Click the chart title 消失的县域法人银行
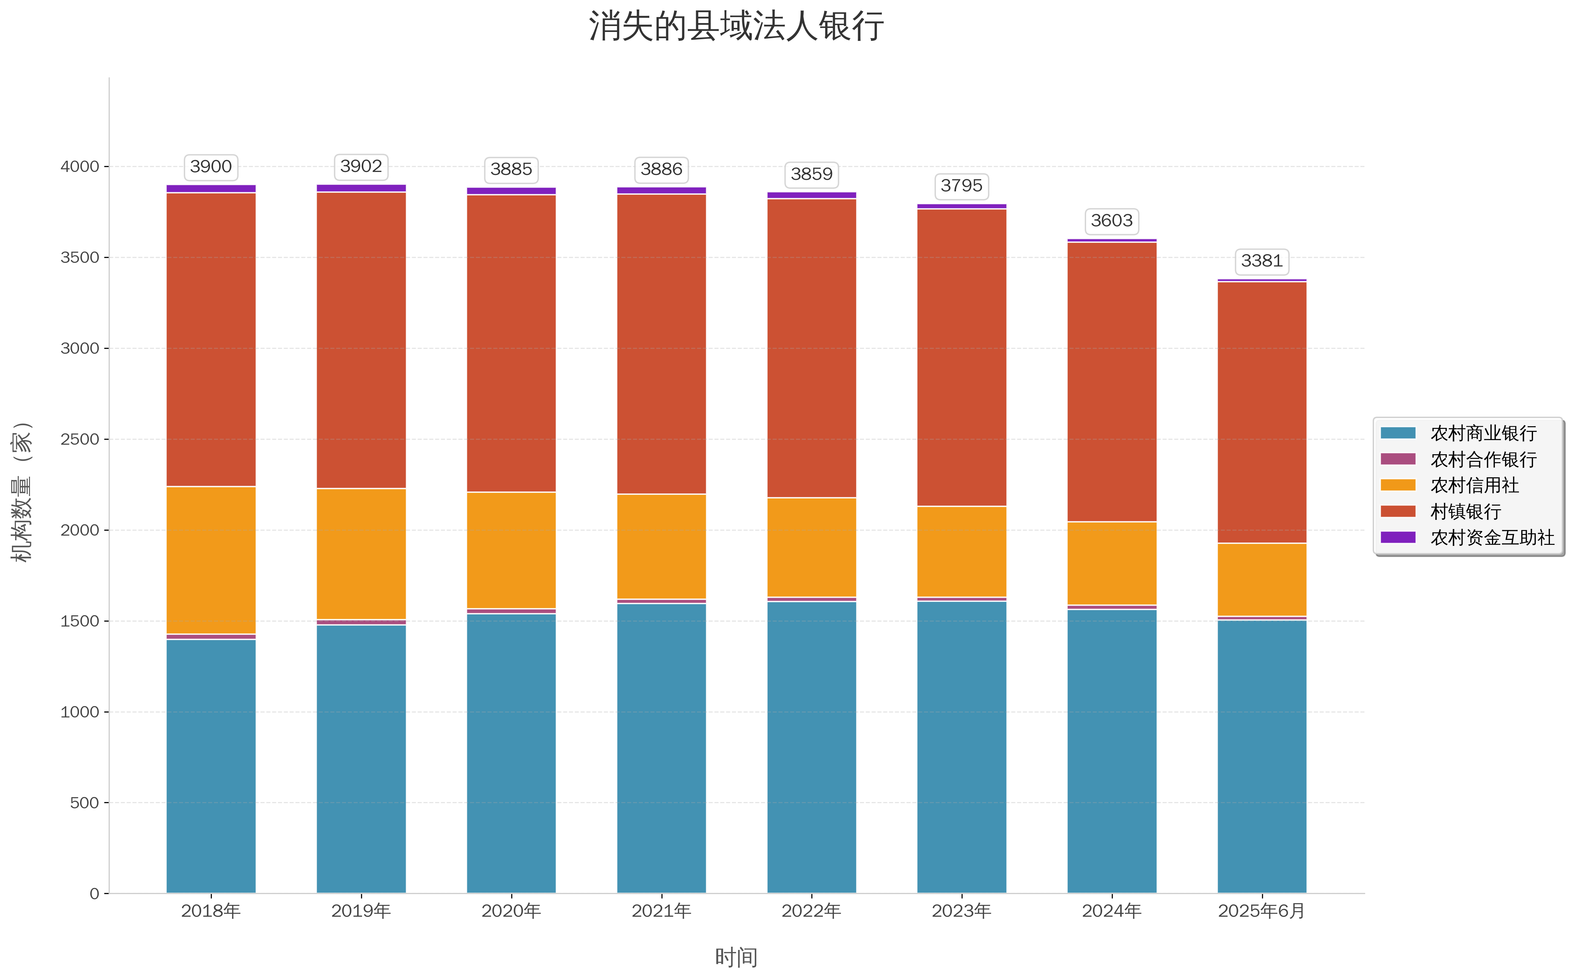[736, 27]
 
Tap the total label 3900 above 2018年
[211, 167]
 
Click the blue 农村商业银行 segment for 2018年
[211, 767]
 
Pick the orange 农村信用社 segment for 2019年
[361, 554]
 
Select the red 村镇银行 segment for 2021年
[661, 344]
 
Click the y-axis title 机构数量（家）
[22, 491]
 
